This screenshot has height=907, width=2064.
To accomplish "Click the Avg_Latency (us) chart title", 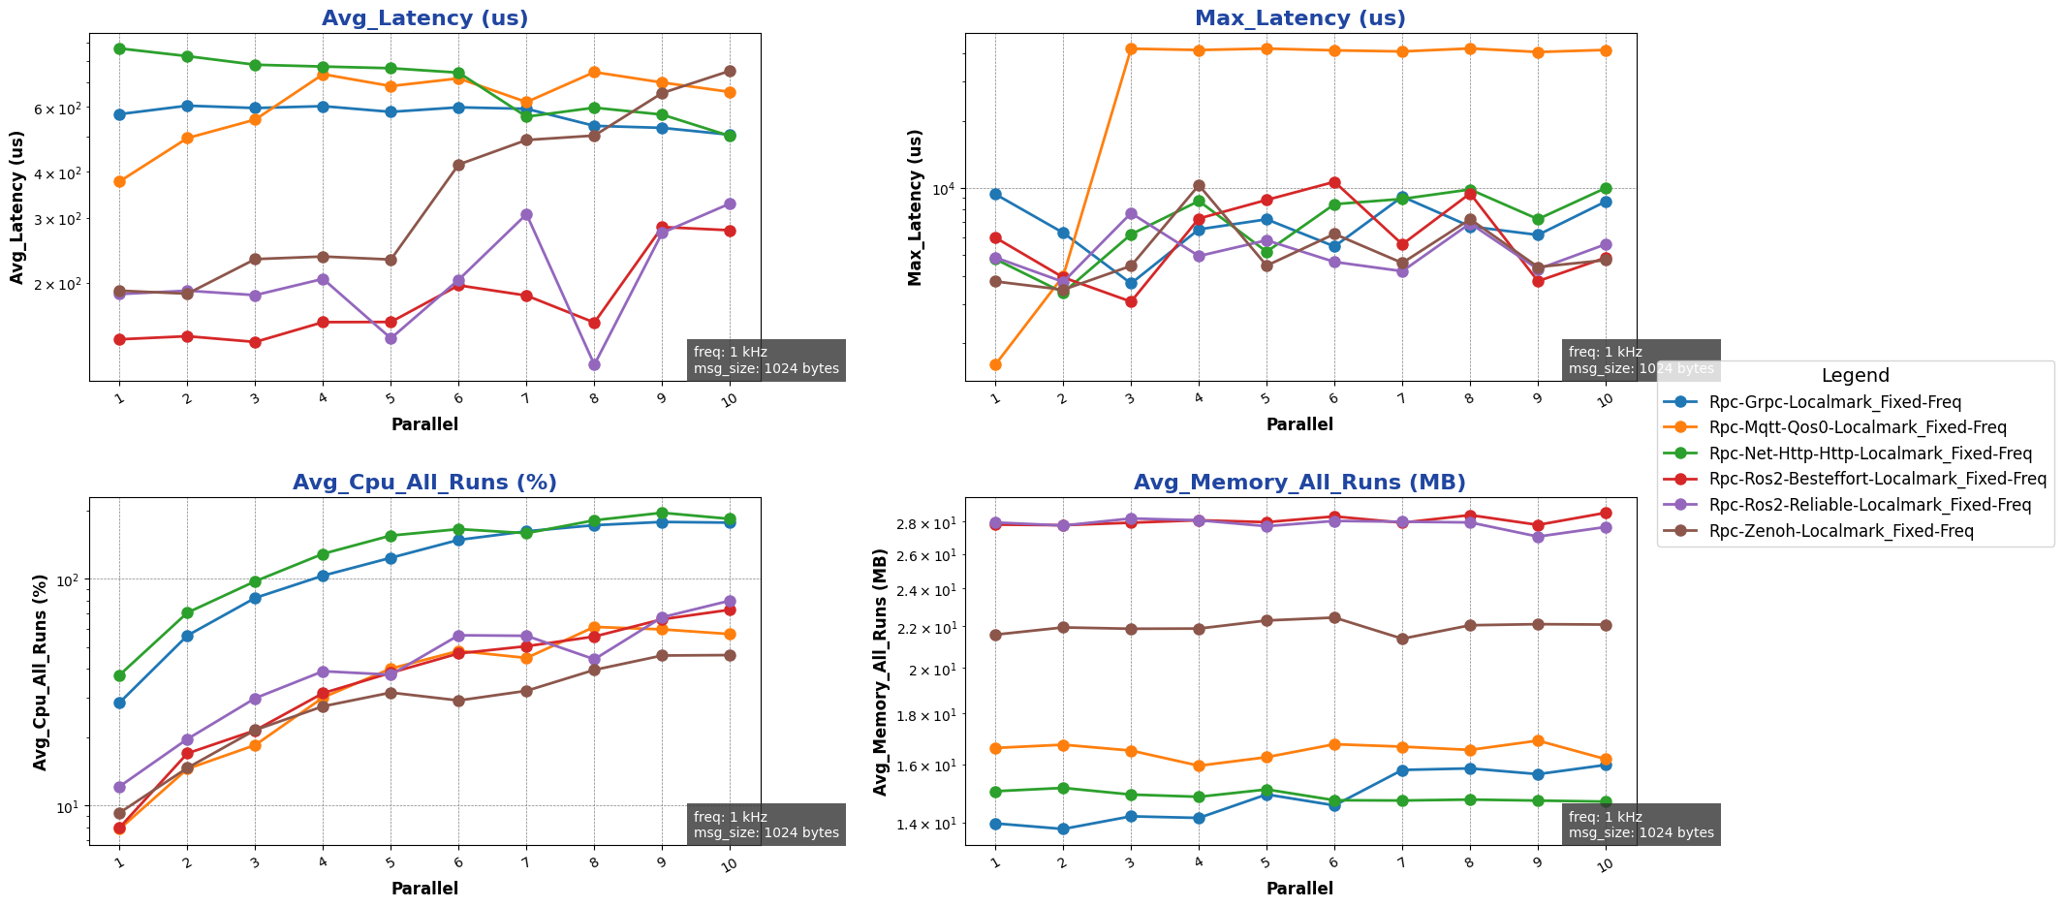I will point(424,18).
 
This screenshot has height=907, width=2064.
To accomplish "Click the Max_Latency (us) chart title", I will point(1299,18).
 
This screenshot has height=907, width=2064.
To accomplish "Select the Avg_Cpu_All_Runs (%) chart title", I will point(424,483).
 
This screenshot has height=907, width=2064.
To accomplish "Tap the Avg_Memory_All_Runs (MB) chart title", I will point(1299,483).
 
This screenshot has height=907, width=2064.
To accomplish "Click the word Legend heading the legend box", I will point(1855,376).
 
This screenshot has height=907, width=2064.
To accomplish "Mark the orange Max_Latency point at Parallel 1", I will point(995,364).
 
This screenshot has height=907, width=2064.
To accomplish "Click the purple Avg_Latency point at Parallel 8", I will point(594,364).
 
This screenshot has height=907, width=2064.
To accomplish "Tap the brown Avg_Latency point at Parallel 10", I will point(730,71).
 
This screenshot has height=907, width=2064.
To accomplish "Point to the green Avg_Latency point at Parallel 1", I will point(119,48).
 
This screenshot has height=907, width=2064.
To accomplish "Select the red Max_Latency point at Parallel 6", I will point(1334,182).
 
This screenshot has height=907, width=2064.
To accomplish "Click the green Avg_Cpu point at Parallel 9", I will point(662,513).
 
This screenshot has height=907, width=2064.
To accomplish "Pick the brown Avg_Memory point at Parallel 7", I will point(1402,639).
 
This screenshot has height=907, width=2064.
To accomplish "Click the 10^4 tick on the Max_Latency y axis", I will point(945,189).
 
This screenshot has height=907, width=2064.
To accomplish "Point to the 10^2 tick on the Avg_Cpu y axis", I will point(69,579).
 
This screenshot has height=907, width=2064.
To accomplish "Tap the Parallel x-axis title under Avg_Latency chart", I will point(424,424).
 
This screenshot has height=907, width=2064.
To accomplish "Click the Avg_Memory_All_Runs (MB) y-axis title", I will point(881,672).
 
